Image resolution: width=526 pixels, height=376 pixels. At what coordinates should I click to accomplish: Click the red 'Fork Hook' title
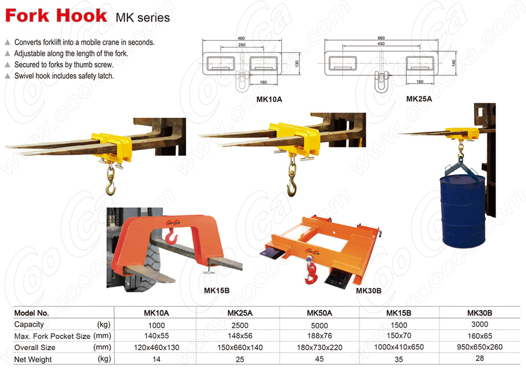(56, 15)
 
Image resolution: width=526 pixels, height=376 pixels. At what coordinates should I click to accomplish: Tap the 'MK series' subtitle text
(143, 17)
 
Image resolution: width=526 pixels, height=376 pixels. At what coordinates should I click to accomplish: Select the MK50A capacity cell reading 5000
(319, 325)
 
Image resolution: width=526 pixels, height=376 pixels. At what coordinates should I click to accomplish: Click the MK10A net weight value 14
(156, 359)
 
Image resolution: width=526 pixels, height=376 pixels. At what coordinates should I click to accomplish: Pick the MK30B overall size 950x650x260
(479, 347)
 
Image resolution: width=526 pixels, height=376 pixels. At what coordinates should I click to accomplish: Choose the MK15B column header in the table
(399, 313)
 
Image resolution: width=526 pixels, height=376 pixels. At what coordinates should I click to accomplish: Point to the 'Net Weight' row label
(33, 359)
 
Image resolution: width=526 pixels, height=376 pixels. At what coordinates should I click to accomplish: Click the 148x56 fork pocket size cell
(240, 336)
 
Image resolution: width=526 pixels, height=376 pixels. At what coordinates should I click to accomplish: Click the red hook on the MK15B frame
(171, 236)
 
